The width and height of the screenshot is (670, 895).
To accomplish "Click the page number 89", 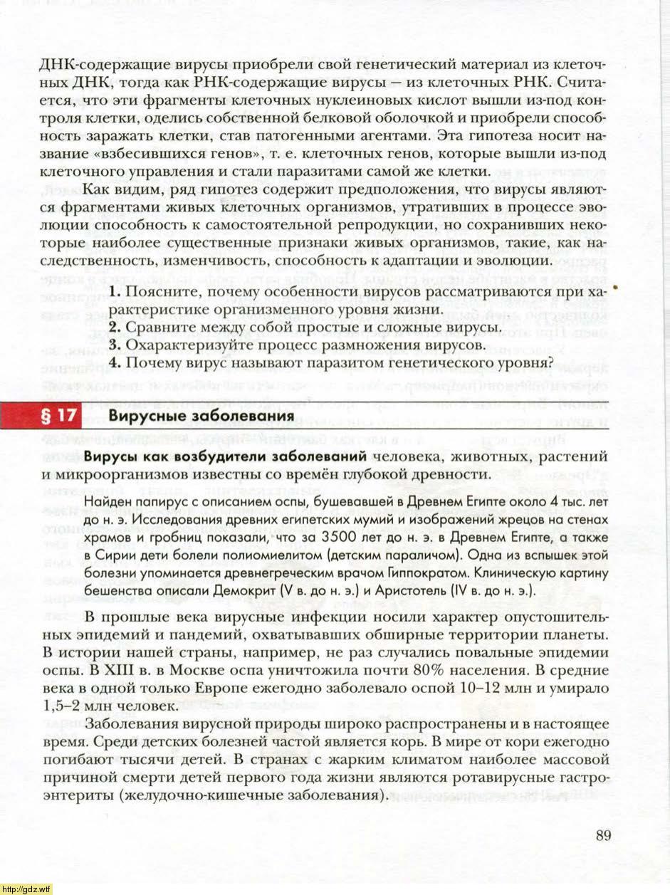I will pyautogui.click(x=603, y=835).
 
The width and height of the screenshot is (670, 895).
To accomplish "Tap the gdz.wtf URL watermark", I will pyautogui.click(x=26, y=889).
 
